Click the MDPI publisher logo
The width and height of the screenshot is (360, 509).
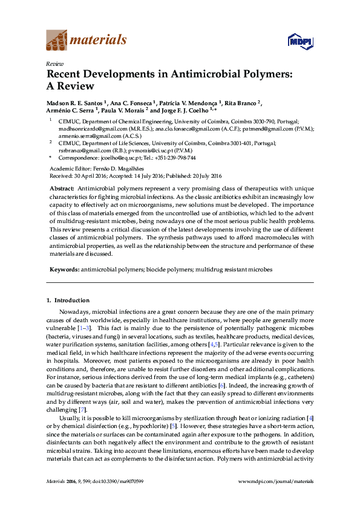(x=299, y=41)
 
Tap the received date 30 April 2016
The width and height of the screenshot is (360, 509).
(x=92, y=175)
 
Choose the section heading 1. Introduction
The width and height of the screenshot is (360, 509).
(x=68, y=300)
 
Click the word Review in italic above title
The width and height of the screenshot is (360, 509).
(x=54, y=63)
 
